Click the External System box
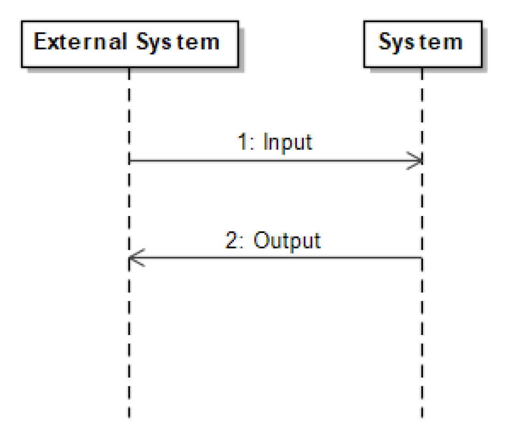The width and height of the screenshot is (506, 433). coord(129,43)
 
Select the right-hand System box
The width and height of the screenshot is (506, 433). coord(422,43)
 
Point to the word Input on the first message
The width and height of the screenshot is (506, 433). coord(288,142)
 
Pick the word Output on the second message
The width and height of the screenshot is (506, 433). coord(287,240)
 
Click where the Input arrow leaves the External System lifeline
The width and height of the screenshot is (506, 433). coord(130,161)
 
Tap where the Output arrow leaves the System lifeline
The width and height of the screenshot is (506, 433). coord(421,258)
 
